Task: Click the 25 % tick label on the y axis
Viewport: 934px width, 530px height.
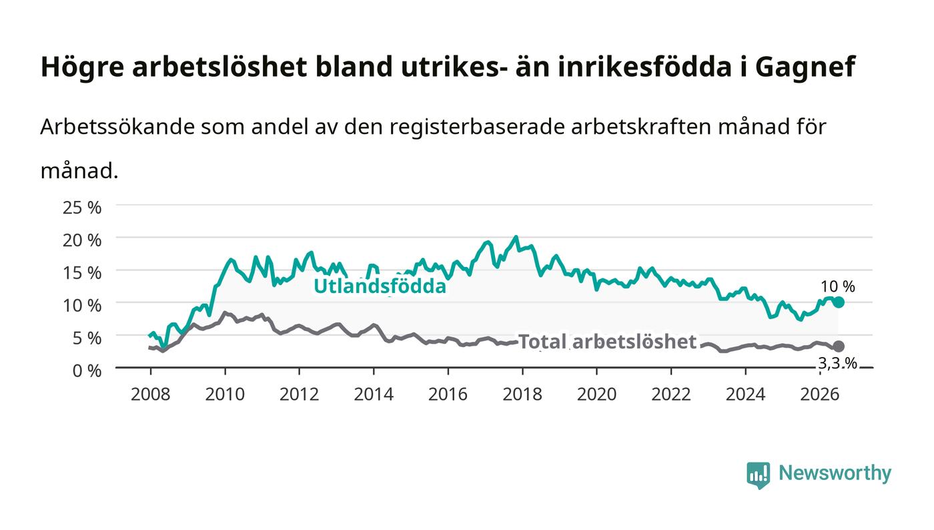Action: pyautogui.click(x=81, y=208)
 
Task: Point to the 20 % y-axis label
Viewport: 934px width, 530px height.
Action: pyautogui.click(x=81, y=240)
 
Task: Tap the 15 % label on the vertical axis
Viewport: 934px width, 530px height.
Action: pyautogui.click(x=81, y=272)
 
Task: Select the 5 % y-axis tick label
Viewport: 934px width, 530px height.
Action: pyautogui.click(x=87, y=338)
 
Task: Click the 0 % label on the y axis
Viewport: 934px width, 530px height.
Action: pyautogui.click(x=87, y=370)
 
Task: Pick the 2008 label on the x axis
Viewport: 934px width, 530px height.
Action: pyautogui.click(x=151, y=394)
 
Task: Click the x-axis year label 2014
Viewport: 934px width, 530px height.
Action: pyautogui.click(x=374, y=394)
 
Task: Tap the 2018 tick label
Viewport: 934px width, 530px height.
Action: pyautogui.click(x=522, y=394)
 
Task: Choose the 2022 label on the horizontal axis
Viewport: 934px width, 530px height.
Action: pyautogui.click(x=671, y=394)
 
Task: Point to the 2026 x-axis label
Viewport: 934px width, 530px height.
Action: pyautogui.click(x=820, y=394)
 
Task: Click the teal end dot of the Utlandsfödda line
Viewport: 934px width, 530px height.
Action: pyautogui.click(x=839, y=302)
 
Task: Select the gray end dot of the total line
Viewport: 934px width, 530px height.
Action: pyautogui.click(x=839, y=346)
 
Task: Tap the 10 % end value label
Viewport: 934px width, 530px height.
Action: pyautogui.click(x=838, y=286)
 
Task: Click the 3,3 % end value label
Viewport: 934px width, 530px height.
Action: pyautogui.click(x=837, y=364)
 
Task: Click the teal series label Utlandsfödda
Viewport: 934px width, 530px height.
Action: pyautogui.click(x=380, y=286)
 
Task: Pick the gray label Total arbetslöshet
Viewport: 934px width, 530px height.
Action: pyautogui.click(x=607, y=341)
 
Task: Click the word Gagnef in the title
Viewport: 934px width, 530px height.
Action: pyautogui.click(x=805, y=67)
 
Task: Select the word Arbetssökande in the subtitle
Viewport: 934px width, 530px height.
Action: pyautogui.click(x=117, y=126)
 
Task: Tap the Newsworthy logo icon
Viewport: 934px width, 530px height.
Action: pyautogui.click(x=758, y=475)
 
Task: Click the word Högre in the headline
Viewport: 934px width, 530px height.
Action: pyautogui.click(x=82, y=67)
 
